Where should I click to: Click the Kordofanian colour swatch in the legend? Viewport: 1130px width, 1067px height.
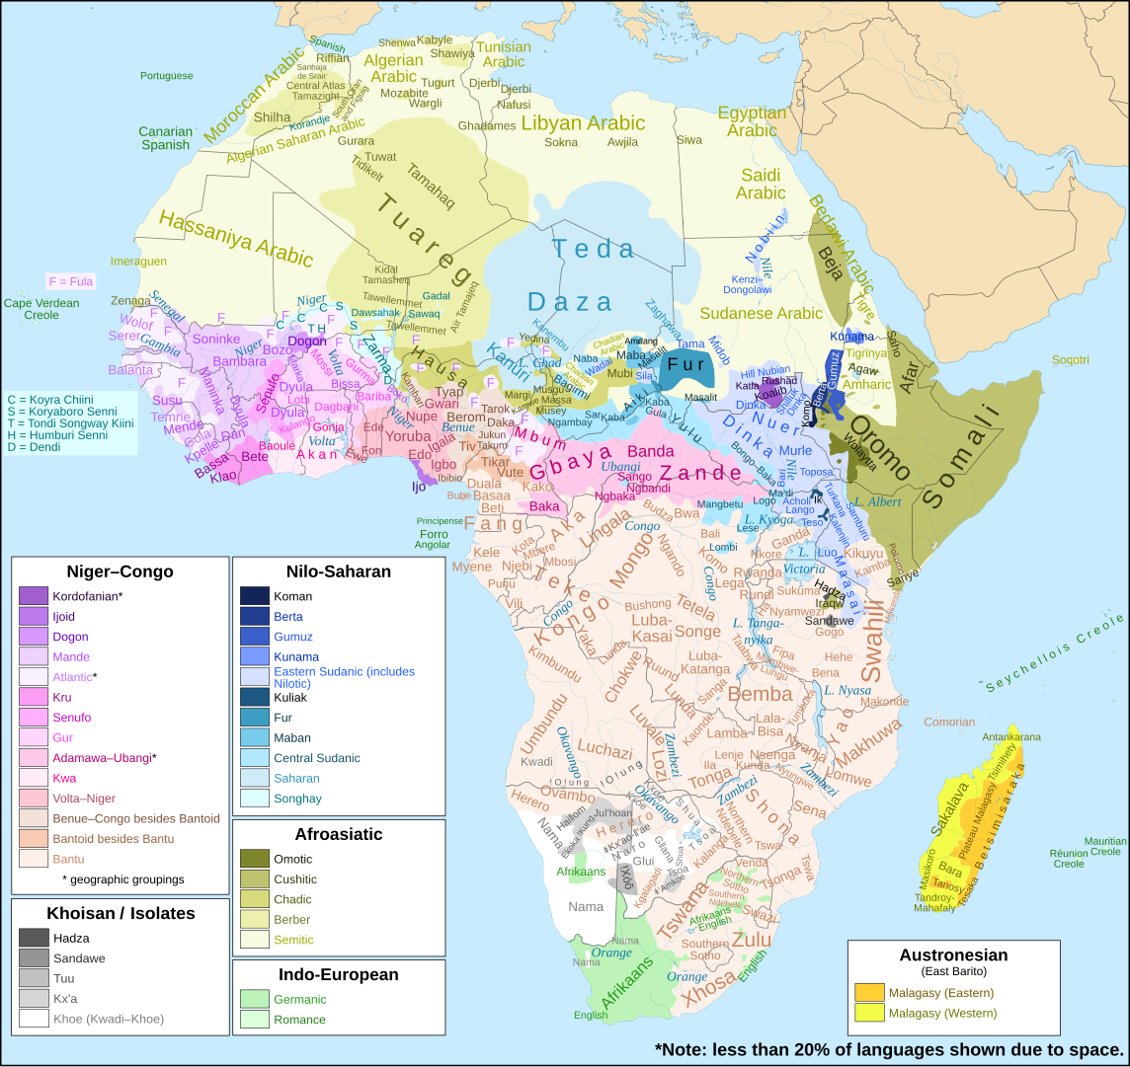click(34, 596)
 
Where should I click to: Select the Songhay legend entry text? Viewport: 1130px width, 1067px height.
click(297, 799)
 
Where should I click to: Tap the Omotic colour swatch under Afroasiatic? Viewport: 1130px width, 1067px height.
click(254, 859)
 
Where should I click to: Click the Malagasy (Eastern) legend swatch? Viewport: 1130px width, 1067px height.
click(869, 993)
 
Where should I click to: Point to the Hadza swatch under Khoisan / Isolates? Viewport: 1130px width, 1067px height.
click(34, 938)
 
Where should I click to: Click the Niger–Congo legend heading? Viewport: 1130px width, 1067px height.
click(120, 572)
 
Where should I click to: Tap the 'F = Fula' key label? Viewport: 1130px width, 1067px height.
click(71, 281)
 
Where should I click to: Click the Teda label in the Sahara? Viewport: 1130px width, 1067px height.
click(593, 249)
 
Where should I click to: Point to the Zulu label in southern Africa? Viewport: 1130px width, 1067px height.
click(751, 939)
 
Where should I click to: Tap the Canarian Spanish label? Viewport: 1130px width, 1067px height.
click(165, 138)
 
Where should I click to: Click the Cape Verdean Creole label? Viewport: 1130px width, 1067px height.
click(40, 309)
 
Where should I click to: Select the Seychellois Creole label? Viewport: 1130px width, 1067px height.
click(1055, 652)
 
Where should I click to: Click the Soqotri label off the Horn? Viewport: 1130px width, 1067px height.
click(1070, 359)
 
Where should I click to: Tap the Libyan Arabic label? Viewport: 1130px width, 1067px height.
click(583, 123)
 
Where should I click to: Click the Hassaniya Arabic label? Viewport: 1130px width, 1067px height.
click(235, 239)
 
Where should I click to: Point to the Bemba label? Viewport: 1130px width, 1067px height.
click(760, 695)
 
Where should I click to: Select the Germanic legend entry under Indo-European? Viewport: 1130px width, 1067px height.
click(300, 999)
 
